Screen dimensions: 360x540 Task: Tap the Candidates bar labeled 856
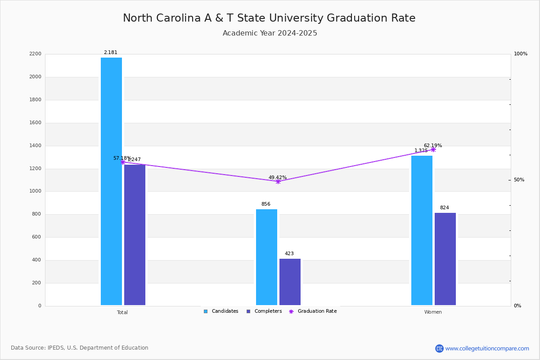(266, 257)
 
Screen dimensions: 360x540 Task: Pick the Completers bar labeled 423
(290, 282)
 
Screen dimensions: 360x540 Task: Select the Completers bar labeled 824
(445, 259)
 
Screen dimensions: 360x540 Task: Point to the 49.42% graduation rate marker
(278, 181)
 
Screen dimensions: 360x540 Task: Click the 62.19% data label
(432, 145)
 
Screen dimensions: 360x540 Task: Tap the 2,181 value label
(111, 53)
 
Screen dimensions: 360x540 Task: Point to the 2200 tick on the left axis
(35, 54)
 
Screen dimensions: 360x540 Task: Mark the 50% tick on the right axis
(519, 180)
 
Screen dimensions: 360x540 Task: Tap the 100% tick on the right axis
(520, 54)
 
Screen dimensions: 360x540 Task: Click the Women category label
(433, 312)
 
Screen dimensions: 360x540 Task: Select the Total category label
(122, 312)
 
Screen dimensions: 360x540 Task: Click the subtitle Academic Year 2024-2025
(270, 33)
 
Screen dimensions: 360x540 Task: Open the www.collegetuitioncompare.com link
(487, 348)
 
